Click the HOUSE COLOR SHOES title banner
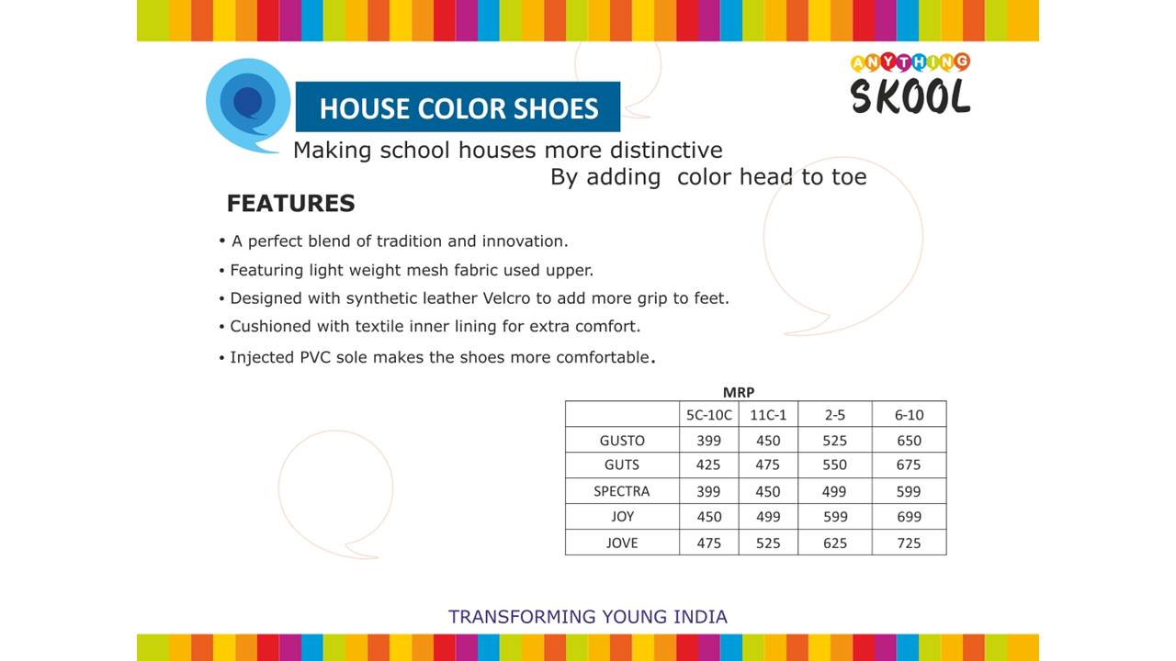coord(458,106)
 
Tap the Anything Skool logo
coord(910,84)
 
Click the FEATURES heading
coord(291,203)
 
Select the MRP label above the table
coord(739,392)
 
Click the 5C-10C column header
coord(708,415)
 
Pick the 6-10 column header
coord(909,415)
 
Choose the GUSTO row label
coord(622,441)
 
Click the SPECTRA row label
coord(622,491)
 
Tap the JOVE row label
coord(622,543)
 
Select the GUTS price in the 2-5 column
coord(834,465)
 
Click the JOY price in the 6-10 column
coord(909,517)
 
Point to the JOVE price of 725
coord(909,543)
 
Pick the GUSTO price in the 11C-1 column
coord(768,441)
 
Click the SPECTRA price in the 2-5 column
coord(833,491)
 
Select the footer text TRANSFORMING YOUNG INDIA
coord(587,616)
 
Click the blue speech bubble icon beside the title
coord(248,106)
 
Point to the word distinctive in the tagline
coord(666,150)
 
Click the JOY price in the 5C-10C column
coord(708,517)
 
